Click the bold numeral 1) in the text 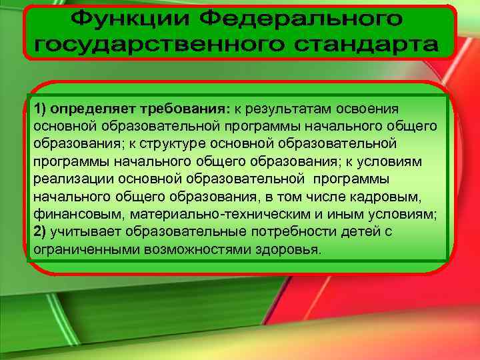(x=41, y=108)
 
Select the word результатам (x=279, y=108)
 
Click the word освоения (x=367, y=108)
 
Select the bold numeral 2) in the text (x=41, y=232)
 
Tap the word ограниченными (x=79, y=250)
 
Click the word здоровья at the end (x=288, y=250)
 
